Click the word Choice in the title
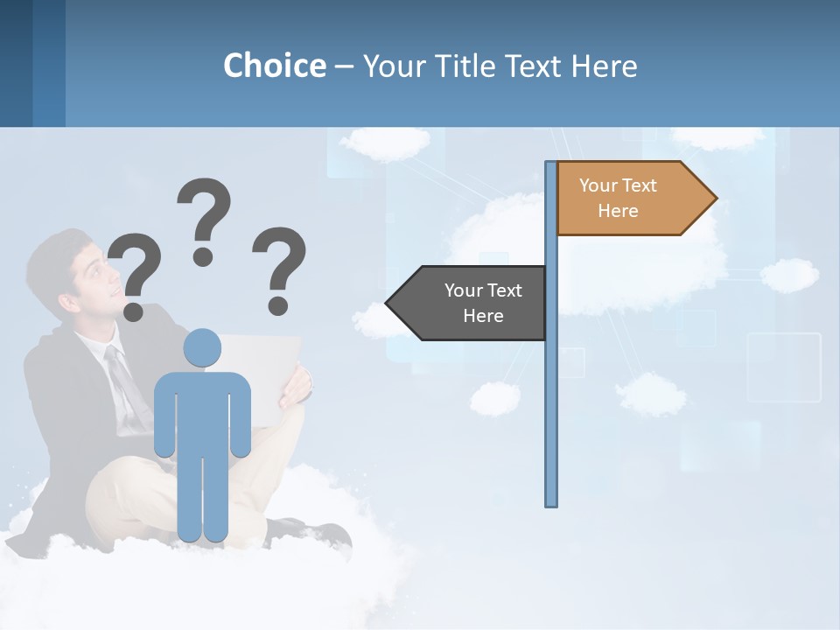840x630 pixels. (x=274, y=66)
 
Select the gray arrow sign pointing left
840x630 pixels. (x=468, y=303)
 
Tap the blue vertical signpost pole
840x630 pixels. (x=550, y=394)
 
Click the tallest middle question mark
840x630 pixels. (x=203, y=219)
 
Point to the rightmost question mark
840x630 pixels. (x=279, y=269)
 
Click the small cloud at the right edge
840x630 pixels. (x=789, y=275)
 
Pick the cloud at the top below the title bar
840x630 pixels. (x=385, y=142)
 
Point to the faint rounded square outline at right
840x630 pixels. (x=784, y=367)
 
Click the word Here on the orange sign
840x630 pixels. (x=618, y=211)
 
